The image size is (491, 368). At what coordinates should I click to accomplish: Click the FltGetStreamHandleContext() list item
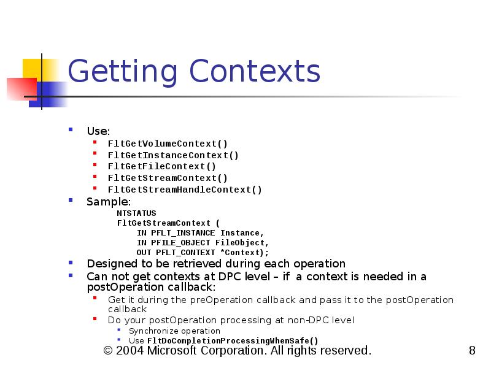coord(185,190)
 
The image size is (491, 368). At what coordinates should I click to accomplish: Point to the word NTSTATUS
coord(137,213)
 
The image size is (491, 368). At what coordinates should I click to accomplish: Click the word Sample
coord(107,201)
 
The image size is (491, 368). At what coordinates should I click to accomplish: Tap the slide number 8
coord(471,351)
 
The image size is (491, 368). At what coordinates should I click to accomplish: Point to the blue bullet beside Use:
coord(72,130)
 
